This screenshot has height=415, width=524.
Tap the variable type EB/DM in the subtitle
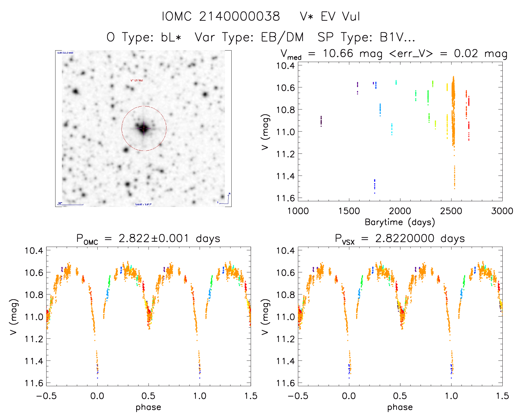[282, 37]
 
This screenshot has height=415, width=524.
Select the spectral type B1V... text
[397, 37]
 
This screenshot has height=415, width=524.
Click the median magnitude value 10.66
[338, 53]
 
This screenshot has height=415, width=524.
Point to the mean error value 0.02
[466, 53]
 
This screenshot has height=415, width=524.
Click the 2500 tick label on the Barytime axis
[451, 211]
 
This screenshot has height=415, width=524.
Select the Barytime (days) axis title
[400, 222]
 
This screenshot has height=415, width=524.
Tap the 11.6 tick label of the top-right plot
[285, 198]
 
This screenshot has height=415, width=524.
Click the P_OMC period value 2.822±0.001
[154, 238]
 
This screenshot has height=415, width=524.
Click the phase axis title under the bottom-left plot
[148, 407]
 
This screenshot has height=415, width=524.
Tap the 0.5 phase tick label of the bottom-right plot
[400, 396]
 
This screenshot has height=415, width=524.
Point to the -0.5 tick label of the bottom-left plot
[46, 396]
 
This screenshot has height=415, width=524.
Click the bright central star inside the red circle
[144, 128]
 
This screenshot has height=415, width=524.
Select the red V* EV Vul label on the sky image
[137, 81]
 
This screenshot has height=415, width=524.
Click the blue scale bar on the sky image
[71, 204]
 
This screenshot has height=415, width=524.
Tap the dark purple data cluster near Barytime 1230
[321, 121]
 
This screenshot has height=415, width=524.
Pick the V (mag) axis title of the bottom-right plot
[265, 317]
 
